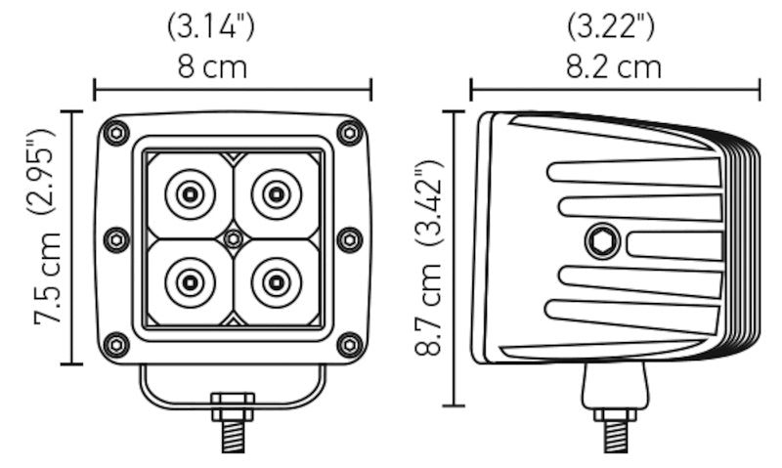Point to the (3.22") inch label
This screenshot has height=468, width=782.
(x=615, y=26)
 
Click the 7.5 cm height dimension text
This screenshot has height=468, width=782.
(x=48, y=279)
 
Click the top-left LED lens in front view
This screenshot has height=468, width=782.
(x=190, y=194)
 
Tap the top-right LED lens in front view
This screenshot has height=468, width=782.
(x=276, y=194)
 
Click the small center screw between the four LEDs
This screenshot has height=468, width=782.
(x=233, y=238)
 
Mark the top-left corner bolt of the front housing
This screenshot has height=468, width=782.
(x=116, y=132)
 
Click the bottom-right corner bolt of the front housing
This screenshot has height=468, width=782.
(x=349, y=344)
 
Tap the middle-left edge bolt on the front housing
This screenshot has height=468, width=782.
(x=115, y=238)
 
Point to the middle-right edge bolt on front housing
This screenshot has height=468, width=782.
(x=349, y=238)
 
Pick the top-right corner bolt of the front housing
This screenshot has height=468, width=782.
(x=349, y=132)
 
